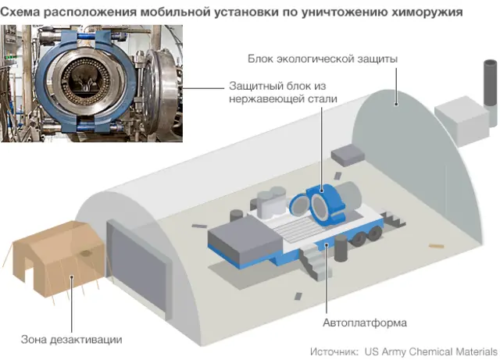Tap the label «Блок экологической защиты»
(323, 59)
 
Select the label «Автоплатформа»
(365, 323)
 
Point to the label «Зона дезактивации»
(71, 340)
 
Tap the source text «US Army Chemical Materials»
(431, 351)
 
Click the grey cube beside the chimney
(462, 120)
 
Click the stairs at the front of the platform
(315, 263)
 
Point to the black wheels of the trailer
(366, 236)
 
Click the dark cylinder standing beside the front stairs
(341, 248)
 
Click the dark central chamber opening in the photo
(85, 79)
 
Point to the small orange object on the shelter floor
(436, 246)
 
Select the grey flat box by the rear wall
(348, 155)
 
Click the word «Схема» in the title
(20, 12)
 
